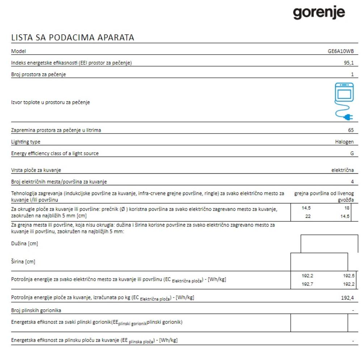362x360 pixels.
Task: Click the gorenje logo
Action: point(319,13)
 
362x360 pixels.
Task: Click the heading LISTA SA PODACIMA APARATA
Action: point(72,37)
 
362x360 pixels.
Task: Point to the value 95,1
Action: point(349,63)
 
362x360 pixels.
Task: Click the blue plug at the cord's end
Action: point(349,117)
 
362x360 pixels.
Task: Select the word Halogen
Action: point(344,142)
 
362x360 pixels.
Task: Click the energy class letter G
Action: point(352,153)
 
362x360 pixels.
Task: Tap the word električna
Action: point(342,170)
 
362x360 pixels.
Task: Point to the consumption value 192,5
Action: point(348,276)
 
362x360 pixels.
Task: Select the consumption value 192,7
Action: point(307,284)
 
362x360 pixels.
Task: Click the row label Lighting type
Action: point(26,142)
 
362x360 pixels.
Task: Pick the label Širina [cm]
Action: point(23,262)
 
